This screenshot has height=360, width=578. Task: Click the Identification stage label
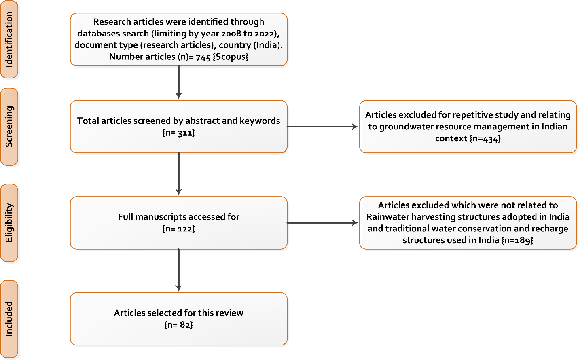(x=9, y=39)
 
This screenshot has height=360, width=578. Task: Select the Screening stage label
(x=9, y=127)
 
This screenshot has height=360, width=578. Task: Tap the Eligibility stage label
(x=9, y=223)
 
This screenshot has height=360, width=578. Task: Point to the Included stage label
(x=9, y=319)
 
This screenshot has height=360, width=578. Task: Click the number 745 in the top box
(x=203, y=57)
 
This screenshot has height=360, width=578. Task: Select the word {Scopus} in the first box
(x=230, y=57)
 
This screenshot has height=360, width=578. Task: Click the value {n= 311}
(x=178, y=133)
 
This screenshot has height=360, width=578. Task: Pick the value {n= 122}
(x=178, y=229)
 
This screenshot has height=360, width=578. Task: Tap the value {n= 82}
(x=178, y=325)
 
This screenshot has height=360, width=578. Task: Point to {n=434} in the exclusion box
(x=485, y=138)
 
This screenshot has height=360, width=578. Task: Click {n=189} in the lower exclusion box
(x=517, y=240)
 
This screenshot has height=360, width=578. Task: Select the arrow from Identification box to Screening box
(x=178, y=83)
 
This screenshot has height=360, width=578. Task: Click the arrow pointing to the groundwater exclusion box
(x=322, y=127)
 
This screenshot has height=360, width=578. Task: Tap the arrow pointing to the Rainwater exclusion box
(x=322, y=223)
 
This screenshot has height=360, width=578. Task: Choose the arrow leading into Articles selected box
(x=178, y=270)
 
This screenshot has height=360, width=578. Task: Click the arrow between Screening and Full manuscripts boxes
(x=178, y=174)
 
